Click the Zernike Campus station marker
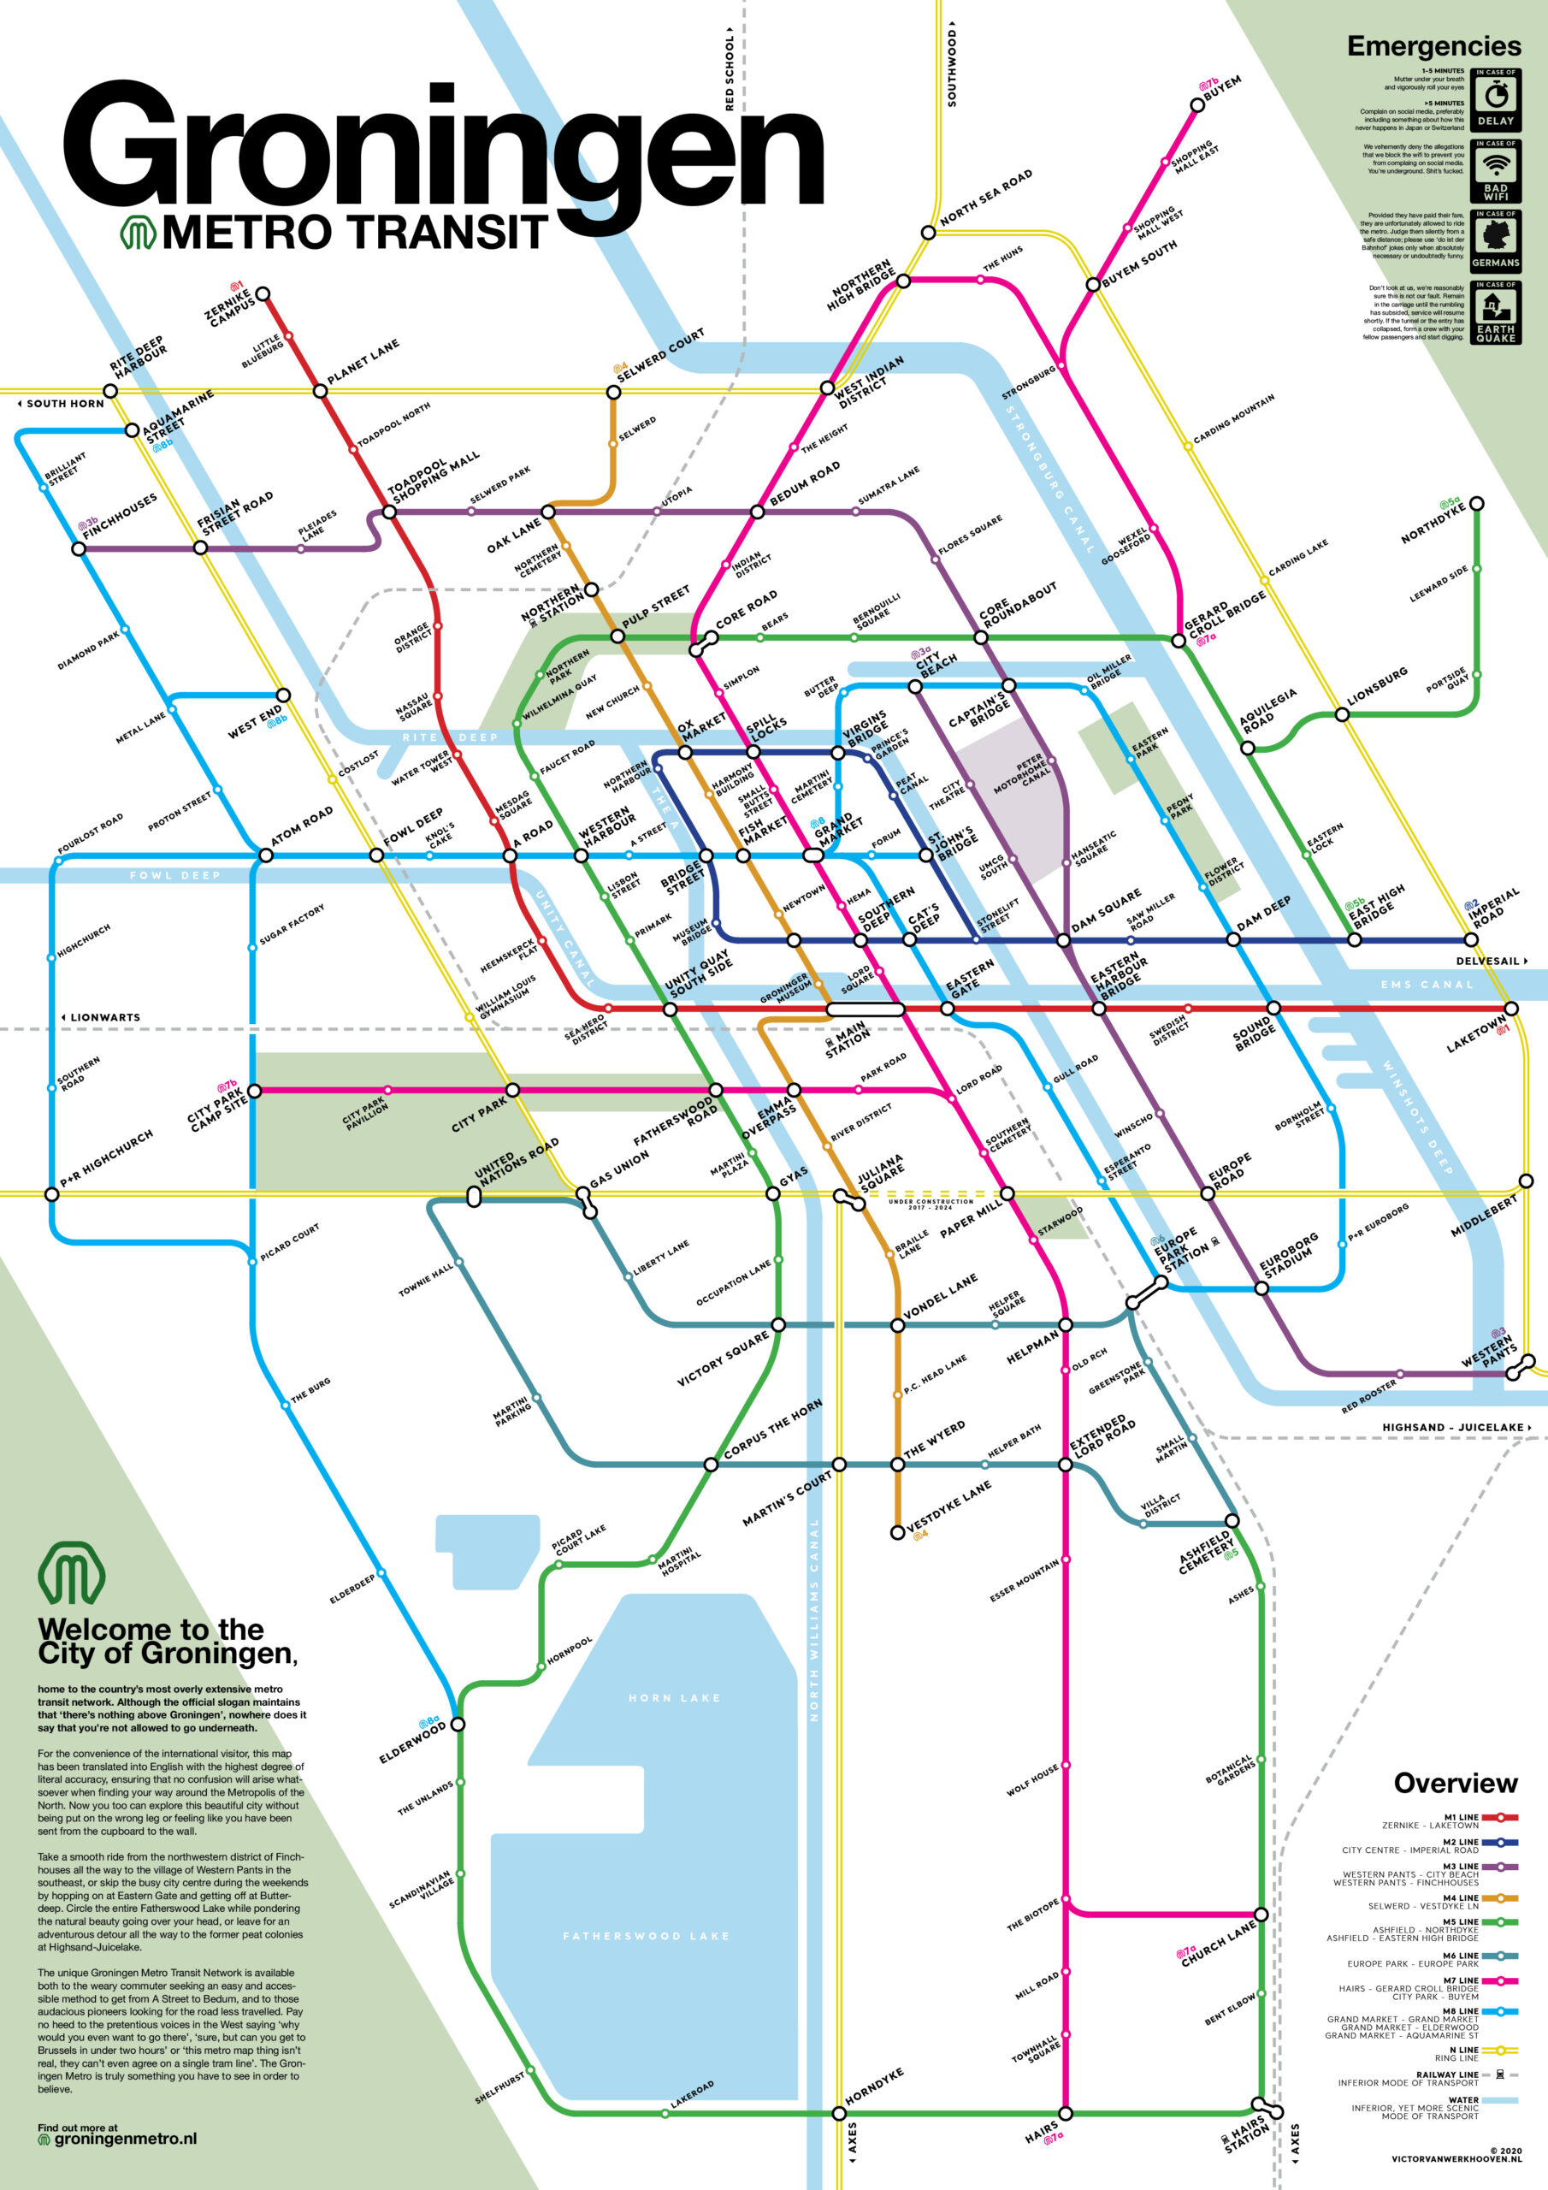click(x=263, y=293)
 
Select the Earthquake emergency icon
click(x=1496, y=312)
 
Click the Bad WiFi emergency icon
click(x=1496, y=171)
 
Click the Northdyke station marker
click(x=1476, y=504)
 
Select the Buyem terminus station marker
click(x=1199, y=105)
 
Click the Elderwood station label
click(x=412, y=1742)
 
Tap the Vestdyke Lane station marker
click(x=896, y=1532)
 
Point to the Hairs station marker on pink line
click(x=1066, y=2113)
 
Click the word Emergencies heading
click(x=1433, y=46)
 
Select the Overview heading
click(x=1455, y=1783)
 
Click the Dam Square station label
click(x=1106, y=912)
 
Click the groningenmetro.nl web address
click(x=125, y=2140)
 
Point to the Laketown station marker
click(x=1511, y=1009)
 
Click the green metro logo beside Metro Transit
click(x=138, y=232)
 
